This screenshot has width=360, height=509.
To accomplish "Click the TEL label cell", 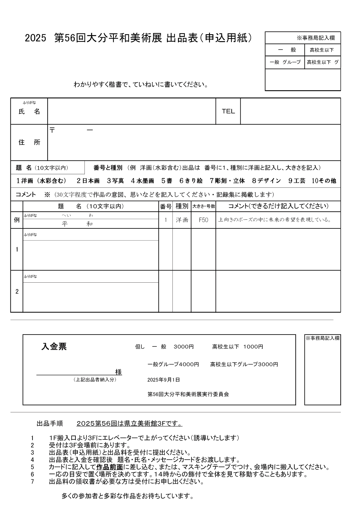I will pos(228,111).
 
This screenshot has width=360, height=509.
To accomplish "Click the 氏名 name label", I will pos(29,112).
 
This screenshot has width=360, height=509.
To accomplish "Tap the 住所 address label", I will pos(29,142).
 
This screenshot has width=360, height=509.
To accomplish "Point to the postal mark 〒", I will pos(52,130).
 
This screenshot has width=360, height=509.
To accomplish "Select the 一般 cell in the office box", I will pos(285,50).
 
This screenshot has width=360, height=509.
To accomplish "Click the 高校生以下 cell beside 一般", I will pos(322,50).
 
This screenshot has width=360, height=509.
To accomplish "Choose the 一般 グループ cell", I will pos(285,62).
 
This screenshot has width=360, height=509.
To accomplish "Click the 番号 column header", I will pos(166,206).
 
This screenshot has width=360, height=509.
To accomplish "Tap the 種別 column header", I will pos(182,206).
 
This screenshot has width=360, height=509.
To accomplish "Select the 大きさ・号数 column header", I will pos(204,206).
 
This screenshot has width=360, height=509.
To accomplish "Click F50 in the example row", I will pos(204,220).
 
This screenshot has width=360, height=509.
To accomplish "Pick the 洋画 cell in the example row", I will pos(182,220).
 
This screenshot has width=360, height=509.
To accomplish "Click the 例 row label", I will pos(17,220).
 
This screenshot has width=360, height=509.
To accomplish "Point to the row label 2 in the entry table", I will pos(17,291).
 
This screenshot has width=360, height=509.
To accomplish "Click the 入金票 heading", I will pos(54,346).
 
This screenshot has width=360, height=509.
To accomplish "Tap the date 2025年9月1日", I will pos(163,380).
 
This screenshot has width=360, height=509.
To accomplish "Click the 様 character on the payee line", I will pos(118,372).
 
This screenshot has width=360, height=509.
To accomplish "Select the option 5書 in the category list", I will pos(167,181).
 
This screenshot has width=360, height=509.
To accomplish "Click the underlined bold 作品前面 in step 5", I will pos(110,467).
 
